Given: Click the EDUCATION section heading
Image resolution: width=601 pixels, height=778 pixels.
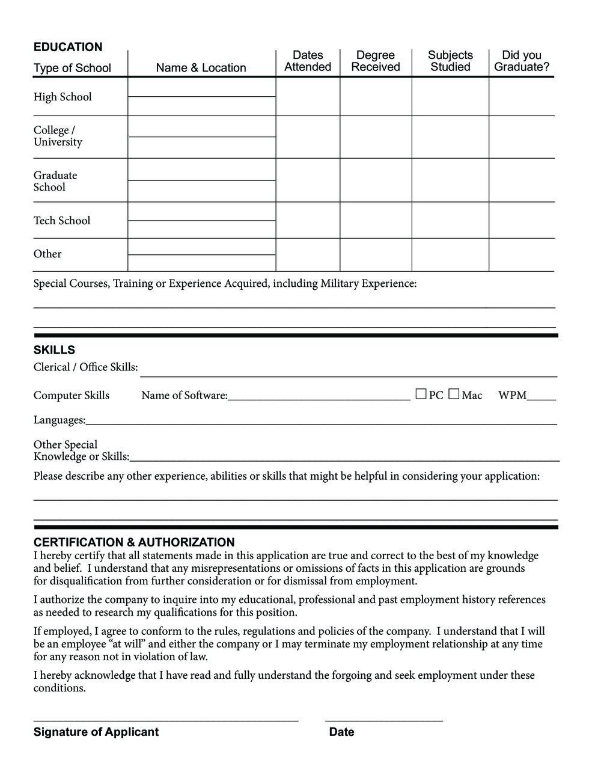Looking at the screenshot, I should pos(68,47).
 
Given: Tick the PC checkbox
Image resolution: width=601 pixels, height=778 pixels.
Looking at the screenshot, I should pos(421,394).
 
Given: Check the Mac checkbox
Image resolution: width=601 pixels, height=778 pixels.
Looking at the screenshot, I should pos(454,394).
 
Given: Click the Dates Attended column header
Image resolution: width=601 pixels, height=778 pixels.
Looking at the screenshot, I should pos(308,61).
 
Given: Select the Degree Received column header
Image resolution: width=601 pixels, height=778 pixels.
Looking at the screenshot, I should pos(376,61).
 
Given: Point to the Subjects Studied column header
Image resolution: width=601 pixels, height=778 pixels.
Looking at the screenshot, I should pos(450,61).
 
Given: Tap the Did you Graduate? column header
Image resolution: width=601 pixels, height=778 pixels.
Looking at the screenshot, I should pos(522,61).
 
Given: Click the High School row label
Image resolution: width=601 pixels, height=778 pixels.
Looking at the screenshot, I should pos(63,97).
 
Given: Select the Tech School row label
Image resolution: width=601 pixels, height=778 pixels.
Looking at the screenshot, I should pos(62,221).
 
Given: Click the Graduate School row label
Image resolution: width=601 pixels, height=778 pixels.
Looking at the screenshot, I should pos(55,181).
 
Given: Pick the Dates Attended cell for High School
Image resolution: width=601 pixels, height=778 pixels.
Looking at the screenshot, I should pos(308,97).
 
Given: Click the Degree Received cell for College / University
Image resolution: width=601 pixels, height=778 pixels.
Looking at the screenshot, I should pos(376,137).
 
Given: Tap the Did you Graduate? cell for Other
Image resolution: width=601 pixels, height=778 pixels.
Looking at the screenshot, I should pos(522,255).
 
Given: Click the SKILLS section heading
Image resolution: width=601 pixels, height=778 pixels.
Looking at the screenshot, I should pos(54,350).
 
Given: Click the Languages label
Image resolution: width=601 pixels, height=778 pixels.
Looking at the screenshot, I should pos(59,420).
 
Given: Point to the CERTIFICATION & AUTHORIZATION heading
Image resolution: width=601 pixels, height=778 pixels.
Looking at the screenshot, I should pos(134,542).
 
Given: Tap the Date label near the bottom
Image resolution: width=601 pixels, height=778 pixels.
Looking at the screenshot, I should pos(341,732).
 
